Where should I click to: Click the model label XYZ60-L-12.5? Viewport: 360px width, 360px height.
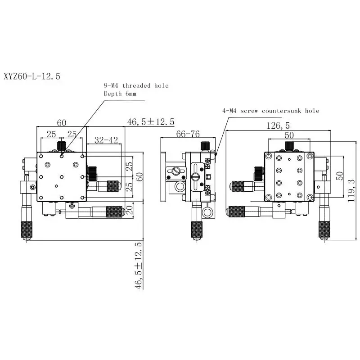tap(31, 76)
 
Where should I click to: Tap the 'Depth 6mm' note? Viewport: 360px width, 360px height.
tap(120, 94)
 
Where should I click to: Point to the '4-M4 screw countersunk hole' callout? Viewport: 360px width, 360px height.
tap(270, 110)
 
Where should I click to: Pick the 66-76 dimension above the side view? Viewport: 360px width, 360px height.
tap(188, 134)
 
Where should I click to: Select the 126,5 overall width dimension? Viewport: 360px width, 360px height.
tap(278, 126)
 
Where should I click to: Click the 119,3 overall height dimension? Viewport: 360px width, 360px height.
tap(352, 189)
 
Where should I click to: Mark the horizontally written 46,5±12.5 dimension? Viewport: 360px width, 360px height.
tap(151, 122)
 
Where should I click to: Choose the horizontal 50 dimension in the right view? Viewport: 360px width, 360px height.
tap(289, 135)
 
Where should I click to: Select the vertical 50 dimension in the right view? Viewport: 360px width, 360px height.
tap(341, 176)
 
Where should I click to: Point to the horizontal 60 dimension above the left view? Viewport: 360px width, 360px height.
tap(61, 122)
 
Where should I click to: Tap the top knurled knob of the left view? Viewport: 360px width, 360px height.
tap(62, 146)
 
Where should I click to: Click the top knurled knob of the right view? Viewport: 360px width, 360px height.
tap(289, 145)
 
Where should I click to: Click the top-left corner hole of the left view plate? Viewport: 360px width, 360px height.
tap(41, 156)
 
